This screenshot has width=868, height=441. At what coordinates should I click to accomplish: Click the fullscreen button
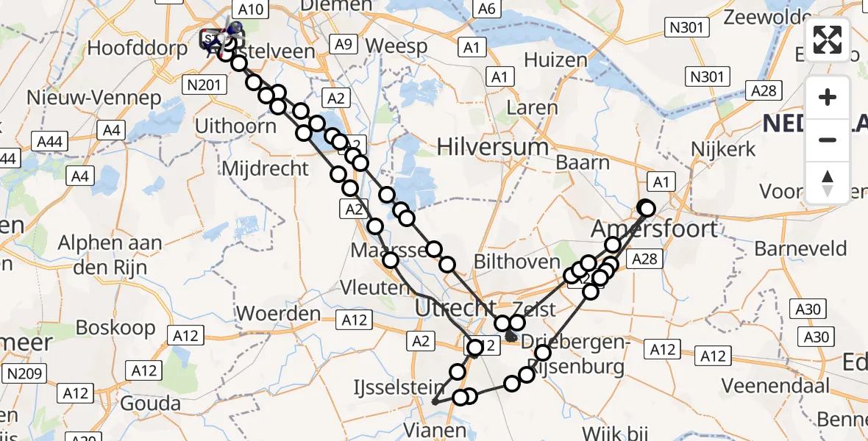[x=828, y=40]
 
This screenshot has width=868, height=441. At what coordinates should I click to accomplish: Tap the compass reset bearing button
[x=828, y=183]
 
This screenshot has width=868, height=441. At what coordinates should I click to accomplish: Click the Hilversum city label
[x=493, y=146]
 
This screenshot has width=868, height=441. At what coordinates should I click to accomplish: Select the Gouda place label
[x=152, y=403]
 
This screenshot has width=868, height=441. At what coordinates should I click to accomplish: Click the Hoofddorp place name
[x=129, y=49]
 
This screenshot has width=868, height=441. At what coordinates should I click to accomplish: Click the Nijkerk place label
[x=723, y=149]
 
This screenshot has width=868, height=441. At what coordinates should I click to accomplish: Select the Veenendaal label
[x=775, y=385]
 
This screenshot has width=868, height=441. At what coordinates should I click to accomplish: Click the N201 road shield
[x=204, y=86]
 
